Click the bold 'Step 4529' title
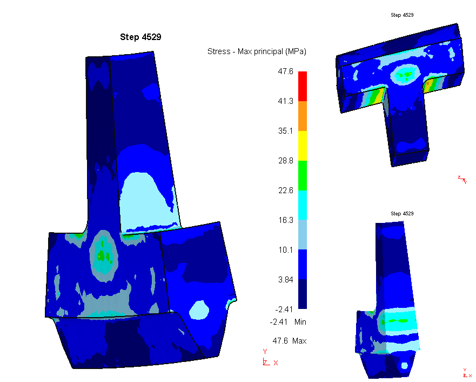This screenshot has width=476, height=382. coord(140,37)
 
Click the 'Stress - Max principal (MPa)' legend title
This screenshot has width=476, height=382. coord(257,51)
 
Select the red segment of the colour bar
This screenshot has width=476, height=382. coord(303,86)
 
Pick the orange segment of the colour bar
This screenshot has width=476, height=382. coord(303,116)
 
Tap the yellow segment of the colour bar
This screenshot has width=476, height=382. coord(303,146)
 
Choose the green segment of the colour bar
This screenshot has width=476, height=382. coord(303,175)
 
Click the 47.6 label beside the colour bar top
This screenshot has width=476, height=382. coord(286,71)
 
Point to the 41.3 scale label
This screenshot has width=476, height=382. coord(286,101)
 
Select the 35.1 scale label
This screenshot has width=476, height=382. coord(286,131)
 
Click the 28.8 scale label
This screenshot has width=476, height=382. coord(286,161)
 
